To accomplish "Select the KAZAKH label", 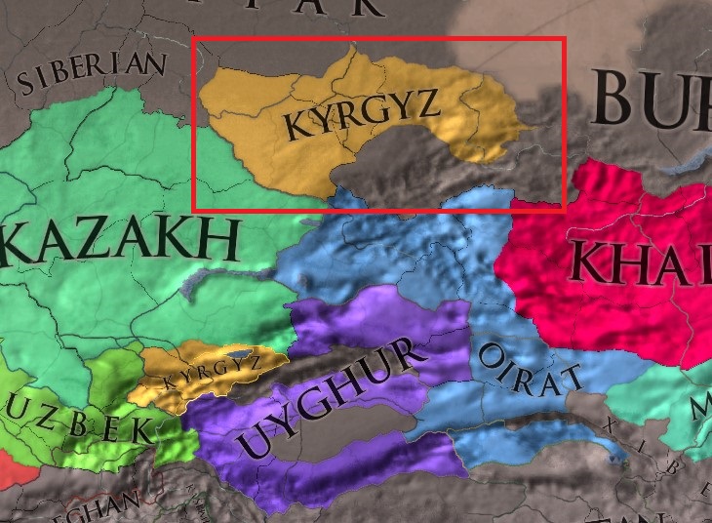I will [x=122, y=240].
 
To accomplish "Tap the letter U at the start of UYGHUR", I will [x=256, y=440].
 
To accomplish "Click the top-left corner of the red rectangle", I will [x=194, y=39].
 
